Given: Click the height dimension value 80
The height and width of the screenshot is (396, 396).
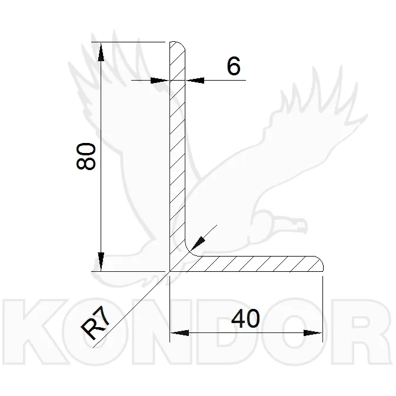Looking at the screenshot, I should [86, 157].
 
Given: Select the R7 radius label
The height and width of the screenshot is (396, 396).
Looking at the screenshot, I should [94, 325].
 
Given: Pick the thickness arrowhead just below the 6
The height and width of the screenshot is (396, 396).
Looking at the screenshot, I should [194, 80].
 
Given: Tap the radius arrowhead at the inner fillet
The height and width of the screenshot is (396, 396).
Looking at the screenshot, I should [199, 241].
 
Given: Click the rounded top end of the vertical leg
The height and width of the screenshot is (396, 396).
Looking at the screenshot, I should [178, 45].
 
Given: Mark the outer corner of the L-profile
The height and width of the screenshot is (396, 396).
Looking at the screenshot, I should [171, 271].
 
